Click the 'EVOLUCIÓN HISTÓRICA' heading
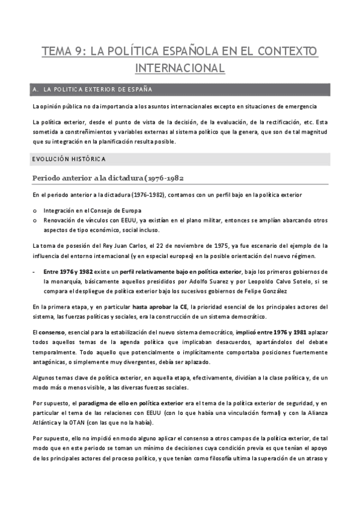pyautogui.click(x=69, y=159)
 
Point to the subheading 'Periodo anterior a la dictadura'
pyautogui.click(x=87, y=178)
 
